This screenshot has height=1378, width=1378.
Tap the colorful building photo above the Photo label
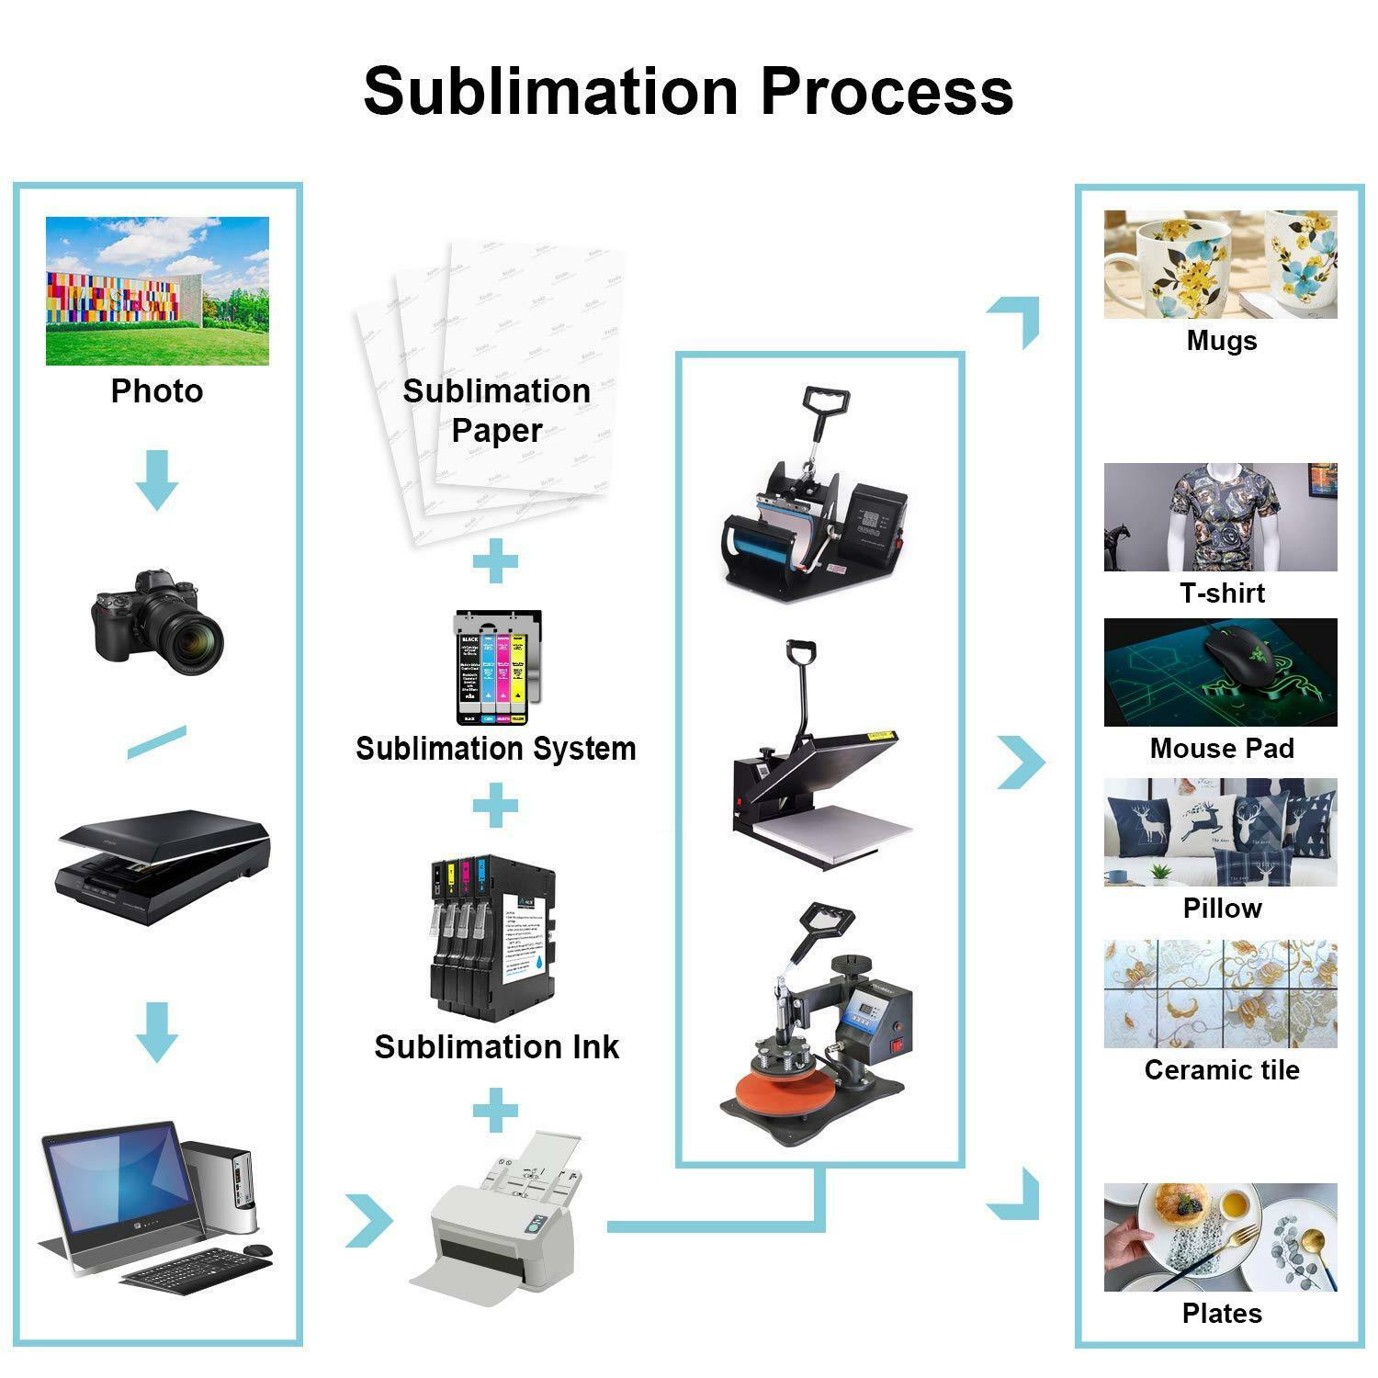[x=157, y=290]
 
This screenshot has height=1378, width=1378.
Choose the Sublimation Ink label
[x=496, y=1046]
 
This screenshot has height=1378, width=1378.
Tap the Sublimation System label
[x=496, y=748]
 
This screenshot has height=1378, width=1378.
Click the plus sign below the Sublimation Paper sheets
[x=495, y=561]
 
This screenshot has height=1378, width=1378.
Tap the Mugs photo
[x=1220, y=265]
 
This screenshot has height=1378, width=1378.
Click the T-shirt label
[x=1221, y=593]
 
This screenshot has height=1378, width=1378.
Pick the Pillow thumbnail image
[x=1220, y=832]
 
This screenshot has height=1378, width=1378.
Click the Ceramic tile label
[x=1221, y=1069]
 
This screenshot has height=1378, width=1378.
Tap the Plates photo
[x=1220, y=1237]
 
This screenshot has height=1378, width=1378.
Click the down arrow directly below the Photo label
[x=157, y=480]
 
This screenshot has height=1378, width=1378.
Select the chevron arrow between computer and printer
[x=369, y=1221]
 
